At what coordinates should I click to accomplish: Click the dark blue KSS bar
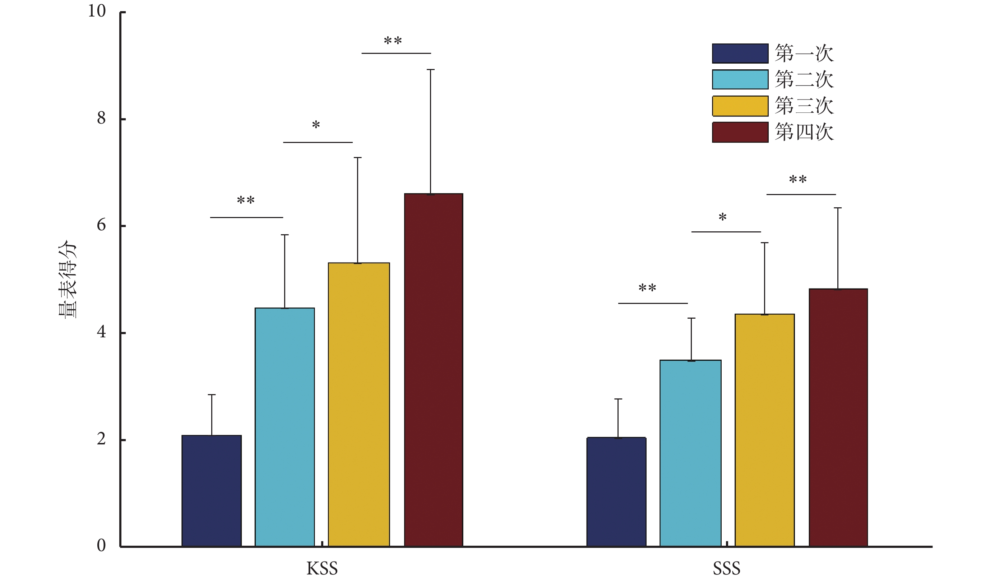tap(211, 491)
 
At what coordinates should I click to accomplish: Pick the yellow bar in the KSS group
tap(359, 405)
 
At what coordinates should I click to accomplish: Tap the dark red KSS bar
tap(433, 370)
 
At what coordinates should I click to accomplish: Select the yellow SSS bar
tap(764, 430)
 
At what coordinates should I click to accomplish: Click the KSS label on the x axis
tap(322, 568)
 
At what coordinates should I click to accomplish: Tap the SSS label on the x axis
tap(726, 568)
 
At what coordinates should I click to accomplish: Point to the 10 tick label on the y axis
tap(97, 11)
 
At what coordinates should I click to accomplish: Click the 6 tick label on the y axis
tap(101, 225)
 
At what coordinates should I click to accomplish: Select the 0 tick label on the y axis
tap(101, 545)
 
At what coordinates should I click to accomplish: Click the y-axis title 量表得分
tap(68, 279)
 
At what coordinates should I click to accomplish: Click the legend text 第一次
tap(804, 54)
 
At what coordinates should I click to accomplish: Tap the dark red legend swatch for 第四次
tap(740, 132)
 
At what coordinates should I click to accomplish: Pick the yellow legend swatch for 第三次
tap(740, 106)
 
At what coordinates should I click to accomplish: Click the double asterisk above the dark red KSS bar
tap(393, 41)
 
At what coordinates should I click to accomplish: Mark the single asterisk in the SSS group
tap(722, 217)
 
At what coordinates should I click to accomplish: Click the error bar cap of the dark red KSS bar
tap(431, 70)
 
